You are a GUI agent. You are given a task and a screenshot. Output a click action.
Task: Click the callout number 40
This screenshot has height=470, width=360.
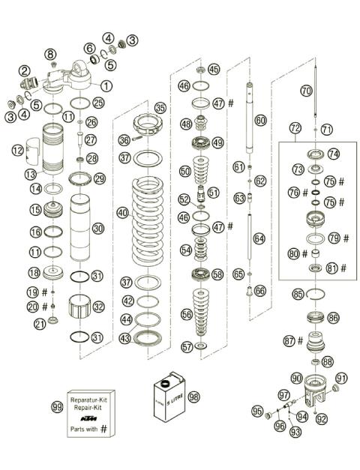[x=122, y=213]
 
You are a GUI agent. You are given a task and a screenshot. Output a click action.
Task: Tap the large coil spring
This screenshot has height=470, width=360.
[x=156, y=217]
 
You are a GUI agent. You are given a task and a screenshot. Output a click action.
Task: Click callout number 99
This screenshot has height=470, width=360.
[x=56, y=407]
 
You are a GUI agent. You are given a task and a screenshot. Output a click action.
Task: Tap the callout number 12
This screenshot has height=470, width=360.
[x=18, y=151]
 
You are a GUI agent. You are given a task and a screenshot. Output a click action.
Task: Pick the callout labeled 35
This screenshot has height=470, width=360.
[x=160, y=107]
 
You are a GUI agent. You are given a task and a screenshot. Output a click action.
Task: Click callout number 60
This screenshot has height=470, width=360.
[x=260, y=120]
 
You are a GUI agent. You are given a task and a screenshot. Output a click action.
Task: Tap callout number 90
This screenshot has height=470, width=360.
[x=296, y=378]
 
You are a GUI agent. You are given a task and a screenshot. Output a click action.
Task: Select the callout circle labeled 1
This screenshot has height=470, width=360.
[x=106, y=86]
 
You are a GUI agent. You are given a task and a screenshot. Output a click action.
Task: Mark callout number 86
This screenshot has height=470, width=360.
[x=333, y=318]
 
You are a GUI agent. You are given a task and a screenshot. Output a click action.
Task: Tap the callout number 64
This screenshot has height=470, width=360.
[x=260, y=238]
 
